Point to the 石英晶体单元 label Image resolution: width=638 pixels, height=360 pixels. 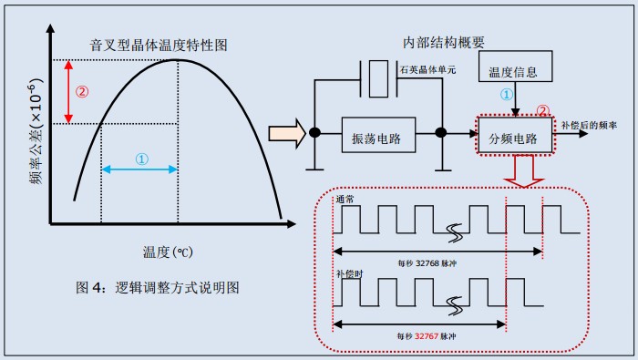[427, 69]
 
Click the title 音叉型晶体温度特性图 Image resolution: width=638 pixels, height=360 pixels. [157, 44]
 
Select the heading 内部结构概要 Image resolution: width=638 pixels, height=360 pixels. [444, 43]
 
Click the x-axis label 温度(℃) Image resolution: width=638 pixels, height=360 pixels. [166, 251]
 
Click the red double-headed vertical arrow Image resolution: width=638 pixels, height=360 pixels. [69, 92]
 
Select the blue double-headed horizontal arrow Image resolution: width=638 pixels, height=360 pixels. [139, 170]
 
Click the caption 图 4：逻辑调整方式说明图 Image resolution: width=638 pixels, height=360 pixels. [157, 287]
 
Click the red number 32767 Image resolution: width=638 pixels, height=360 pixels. [426, 336]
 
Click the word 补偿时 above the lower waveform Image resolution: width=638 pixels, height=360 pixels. [349, 273]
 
